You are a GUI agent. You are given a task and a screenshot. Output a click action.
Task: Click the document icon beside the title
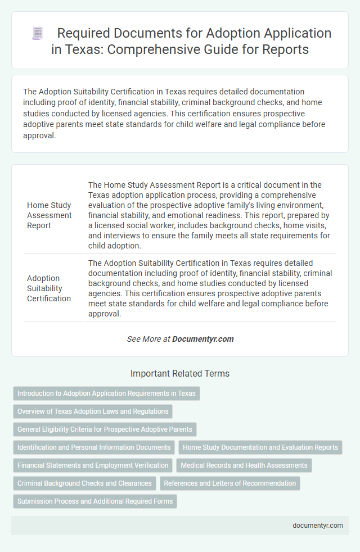37,34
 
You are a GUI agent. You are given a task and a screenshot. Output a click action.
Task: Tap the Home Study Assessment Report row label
49,215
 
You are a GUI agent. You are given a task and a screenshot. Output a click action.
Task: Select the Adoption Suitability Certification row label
49,288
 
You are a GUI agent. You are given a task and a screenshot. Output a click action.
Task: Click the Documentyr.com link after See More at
203,339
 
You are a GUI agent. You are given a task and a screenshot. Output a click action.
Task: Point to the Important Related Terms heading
180,373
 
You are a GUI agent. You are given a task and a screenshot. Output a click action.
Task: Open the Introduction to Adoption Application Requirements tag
106,393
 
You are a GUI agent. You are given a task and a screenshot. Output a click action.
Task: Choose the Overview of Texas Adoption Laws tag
93,411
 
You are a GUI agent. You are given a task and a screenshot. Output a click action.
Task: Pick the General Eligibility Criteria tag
105,429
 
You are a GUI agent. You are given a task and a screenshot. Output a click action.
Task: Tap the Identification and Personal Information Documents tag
94,447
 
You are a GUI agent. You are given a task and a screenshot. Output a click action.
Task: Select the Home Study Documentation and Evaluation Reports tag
260,447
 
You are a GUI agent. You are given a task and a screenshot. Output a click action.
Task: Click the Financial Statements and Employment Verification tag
93,465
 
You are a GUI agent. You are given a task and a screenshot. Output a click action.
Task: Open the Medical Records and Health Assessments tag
244,465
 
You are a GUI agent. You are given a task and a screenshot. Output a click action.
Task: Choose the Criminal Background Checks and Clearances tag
84,483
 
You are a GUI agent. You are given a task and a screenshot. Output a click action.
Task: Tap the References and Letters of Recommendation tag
230,483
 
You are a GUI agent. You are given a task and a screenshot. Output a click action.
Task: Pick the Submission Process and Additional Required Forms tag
95,501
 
